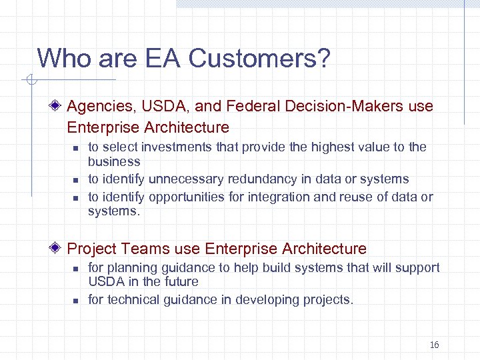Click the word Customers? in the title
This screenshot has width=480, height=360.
(259, 58)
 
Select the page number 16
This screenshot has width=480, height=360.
(434, 345)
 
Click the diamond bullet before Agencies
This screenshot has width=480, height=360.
(57, 106)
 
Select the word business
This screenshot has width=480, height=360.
(114, 161)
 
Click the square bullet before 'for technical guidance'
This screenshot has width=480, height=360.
(76, 301)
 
